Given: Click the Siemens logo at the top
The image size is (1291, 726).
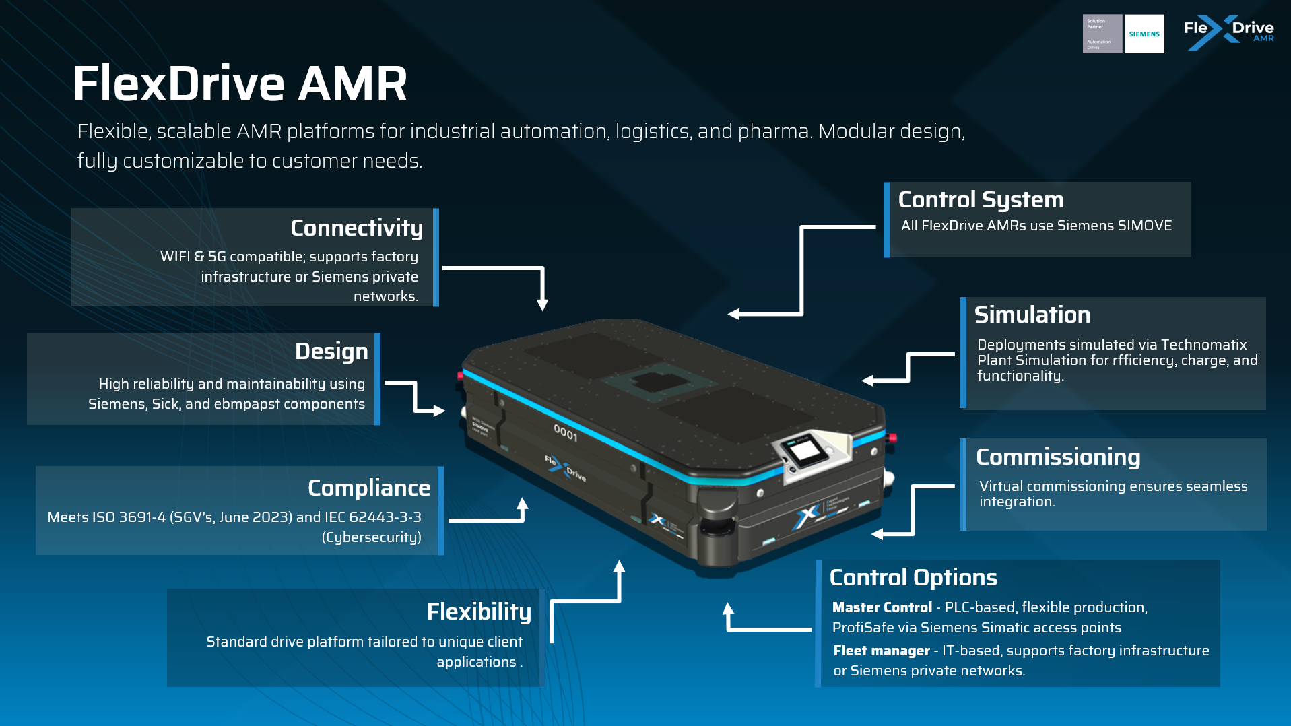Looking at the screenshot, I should click(1144, 34).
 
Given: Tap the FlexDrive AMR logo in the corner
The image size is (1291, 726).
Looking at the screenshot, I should click(1228, 32).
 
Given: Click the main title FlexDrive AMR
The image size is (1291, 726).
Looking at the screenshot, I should click(240, 84).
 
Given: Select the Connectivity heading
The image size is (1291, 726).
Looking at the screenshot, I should click(356, 228).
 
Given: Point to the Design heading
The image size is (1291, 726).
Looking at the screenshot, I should click(331, 352).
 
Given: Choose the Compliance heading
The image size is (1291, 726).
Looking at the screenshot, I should click(368, 488).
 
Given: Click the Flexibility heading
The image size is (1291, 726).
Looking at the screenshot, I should click(478, 612).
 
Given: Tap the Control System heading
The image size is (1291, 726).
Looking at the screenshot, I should click(981, 200).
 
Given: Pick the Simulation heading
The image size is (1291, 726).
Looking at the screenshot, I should click(1032, 315).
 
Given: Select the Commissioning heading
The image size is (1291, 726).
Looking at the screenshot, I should click(1057, 457).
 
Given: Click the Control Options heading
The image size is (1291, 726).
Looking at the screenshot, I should click(913, 578).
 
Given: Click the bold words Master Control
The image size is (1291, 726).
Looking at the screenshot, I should click(882, 607).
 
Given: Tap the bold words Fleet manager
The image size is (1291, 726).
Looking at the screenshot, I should click(881, 651).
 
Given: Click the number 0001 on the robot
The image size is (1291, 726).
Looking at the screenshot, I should click(565, 432).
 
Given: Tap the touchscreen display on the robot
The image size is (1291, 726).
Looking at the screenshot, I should click(805, 449).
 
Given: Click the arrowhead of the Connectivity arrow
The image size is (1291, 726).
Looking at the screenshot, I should click(542, 304).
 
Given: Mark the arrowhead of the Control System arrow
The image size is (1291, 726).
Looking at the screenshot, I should click(733, 314).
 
